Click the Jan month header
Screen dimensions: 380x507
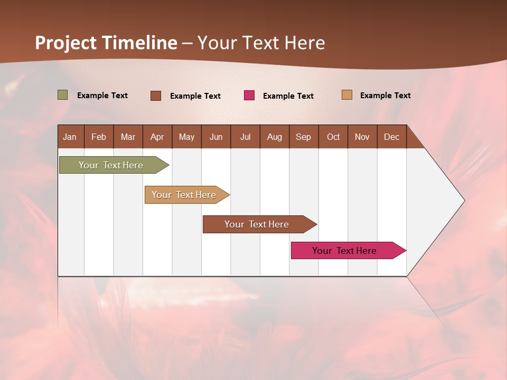pos(70,137)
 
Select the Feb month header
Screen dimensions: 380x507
pos(99,137)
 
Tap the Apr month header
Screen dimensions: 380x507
pos(157,137)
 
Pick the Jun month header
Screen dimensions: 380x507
pos(216,137)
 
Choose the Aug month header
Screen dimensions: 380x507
pos(274,137)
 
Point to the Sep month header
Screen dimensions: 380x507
pos(303,137)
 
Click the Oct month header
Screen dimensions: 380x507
pos(333,137)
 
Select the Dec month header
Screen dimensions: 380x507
pos(391,137)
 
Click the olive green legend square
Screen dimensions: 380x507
pos(62,95)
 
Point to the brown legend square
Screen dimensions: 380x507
pos(155,96)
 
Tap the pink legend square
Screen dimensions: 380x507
pos(249,96)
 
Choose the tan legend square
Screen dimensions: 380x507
pos(346,95)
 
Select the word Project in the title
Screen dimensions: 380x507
pos(65,43)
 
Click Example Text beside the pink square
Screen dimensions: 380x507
pos(288,96)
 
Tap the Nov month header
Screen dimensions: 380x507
pos(362,137)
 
